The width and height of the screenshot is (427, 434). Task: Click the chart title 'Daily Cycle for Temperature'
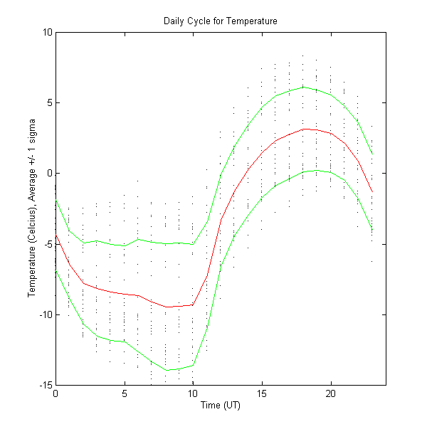[220, 21]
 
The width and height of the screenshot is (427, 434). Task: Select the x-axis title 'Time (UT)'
[220, 405]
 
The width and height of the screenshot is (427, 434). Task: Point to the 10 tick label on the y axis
[47, 32]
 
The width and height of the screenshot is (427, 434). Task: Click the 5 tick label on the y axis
[49, 102]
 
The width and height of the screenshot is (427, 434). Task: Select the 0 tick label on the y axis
[49, 173]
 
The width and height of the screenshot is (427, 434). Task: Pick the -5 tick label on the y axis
[48, 244]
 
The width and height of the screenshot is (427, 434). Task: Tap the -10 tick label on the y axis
[46, 314]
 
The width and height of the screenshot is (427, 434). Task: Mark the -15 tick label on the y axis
[46, 385]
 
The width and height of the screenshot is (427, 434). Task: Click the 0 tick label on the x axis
[56, 393]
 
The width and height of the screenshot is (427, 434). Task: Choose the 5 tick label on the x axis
[125, 393]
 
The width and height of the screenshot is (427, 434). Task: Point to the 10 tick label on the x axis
[193, 393]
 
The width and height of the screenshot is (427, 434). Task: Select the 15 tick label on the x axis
[262, 393]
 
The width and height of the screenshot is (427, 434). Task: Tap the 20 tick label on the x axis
[331, 393]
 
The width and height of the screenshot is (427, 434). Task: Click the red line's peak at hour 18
[303, 129]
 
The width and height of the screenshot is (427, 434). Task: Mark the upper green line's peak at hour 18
[303, 87]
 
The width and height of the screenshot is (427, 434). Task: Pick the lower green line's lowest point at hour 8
[166, 370]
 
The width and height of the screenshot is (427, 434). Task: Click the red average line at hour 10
[193, 305]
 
